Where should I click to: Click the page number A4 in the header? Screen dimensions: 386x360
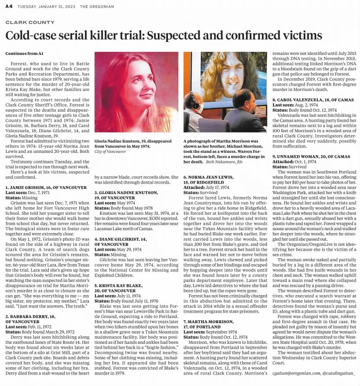(8, 7)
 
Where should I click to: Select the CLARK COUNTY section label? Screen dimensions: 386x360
(30, 22)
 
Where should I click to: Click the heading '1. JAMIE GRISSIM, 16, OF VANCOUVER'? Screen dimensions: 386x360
(46, 187)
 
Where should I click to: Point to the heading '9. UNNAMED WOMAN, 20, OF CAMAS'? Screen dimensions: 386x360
(310, 156)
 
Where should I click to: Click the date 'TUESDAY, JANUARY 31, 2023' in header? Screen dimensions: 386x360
(46, 7)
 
